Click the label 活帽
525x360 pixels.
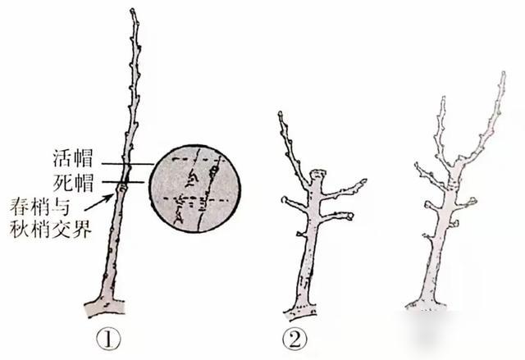(73, 158)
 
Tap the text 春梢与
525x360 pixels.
(39, 207)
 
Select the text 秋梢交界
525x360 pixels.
(51, 229)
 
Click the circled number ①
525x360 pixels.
(107, 339)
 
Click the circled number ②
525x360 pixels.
(294, 339)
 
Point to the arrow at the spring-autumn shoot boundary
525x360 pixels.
(98, 203)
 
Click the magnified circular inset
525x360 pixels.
(195, 189)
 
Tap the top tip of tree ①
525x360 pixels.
(133, 10)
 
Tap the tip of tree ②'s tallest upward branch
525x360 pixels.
(280, 113)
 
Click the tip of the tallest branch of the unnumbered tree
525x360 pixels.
(503, 73)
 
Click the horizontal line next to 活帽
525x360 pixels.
(128, 164)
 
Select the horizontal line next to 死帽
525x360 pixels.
(123, 182)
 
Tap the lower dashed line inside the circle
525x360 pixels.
(195, 199)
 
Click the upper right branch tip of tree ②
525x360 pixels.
(364, 181)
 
